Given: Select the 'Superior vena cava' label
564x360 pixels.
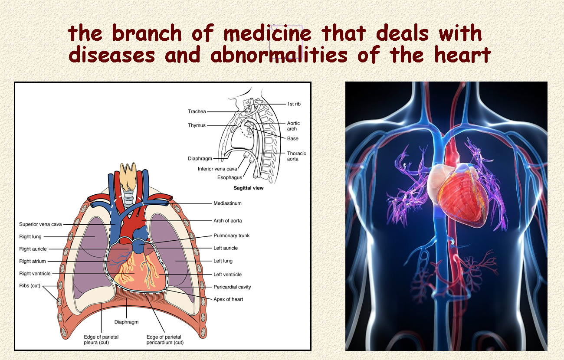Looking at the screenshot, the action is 40,224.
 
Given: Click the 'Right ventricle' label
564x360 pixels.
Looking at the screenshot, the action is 35,274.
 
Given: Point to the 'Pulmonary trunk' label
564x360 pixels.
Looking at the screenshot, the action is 231,236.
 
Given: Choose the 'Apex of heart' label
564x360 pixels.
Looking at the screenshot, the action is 228,299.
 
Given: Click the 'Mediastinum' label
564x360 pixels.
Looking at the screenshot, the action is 227,203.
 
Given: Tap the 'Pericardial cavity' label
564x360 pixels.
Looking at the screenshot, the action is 232,287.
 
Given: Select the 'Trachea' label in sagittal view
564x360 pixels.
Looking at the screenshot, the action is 197,111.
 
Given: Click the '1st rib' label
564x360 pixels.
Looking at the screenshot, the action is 294,104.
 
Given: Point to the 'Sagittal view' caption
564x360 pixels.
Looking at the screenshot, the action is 249,188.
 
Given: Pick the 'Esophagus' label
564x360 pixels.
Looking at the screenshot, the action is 230,177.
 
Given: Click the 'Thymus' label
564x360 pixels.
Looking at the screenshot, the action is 197,125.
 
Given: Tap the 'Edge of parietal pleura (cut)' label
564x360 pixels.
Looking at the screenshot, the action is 101,340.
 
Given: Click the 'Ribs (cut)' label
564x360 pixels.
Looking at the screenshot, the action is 30,286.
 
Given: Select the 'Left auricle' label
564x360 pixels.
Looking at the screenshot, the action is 226,248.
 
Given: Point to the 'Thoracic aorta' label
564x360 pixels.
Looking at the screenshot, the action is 297,156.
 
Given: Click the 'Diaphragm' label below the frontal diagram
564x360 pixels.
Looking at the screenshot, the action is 126,322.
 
